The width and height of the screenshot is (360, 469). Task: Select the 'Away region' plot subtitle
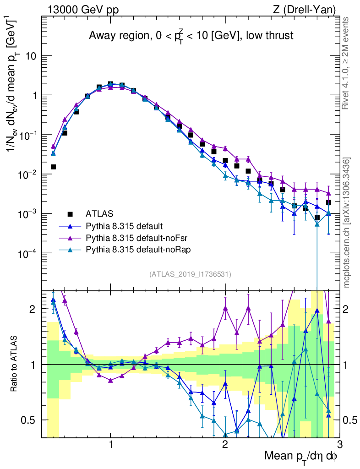pos(191,36)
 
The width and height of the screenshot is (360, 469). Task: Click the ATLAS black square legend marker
pos(70,213)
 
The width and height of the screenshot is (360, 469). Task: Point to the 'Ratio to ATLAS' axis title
pos(15,365)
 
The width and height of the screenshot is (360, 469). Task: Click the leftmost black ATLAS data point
pos(53,167)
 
